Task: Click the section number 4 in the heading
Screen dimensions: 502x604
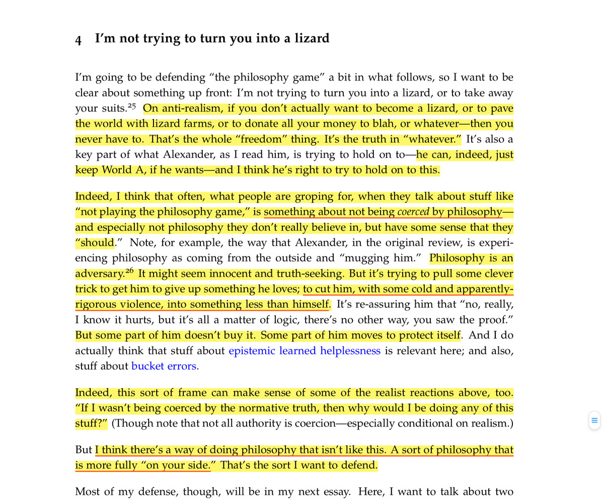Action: (x=79, y=40)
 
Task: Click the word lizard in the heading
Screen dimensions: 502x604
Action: (x=312, y=38)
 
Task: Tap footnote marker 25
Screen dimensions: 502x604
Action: (x=132, y=106)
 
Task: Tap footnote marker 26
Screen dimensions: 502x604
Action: (x=129, y=272)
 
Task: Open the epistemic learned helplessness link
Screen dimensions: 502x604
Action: (x=304, y=351)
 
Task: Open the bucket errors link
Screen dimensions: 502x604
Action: (x=164, y=366)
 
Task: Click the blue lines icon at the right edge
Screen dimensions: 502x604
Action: (x=594, y=421)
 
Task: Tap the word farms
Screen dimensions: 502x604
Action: (x=190, y=124)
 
